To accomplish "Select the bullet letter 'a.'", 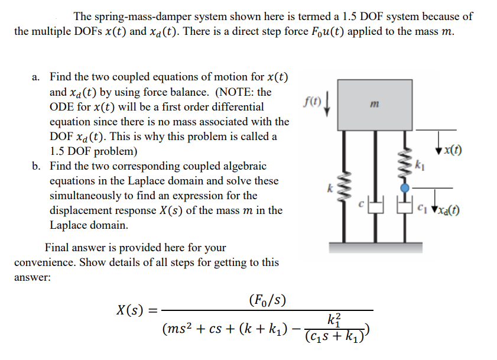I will coord(37,77).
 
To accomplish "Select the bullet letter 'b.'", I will coord(37,166).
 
